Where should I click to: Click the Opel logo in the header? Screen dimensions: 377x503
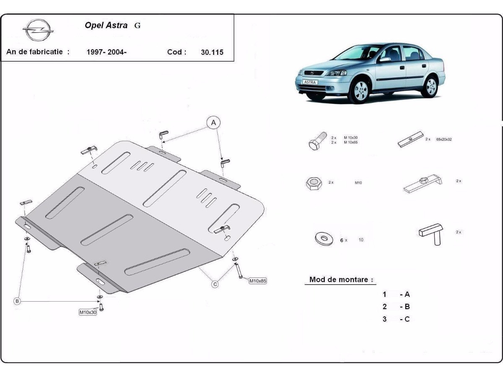point(38,31)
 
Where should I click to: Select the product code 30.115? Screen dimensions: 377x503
point(212,52)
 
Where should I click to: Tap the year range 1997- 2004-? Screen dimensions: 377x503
point(106,52)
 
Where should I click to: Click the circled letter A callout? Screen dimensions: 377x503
point(213,123)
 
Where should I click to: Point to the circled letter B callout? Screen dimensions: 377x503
point(17,301)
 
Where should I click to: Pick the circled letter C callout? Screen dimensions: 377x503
point(215,284)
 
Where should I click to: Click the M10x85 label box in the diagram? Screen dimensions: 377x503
point(258,281)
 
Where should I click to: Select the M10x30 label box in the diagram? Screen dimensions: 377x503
point(88,312)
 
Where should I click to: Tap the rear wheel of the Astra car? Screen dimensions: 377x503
point(430,87)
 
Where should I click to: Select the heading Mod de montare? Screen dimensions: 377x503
point(339,279)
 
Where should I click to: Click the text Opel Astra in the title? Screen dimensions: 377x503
point(106,25)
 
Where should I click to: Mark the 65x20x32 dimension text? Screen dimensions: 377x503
point(444,139)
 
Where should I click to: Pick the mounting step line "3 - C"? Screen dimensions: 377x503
point(396,319)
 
